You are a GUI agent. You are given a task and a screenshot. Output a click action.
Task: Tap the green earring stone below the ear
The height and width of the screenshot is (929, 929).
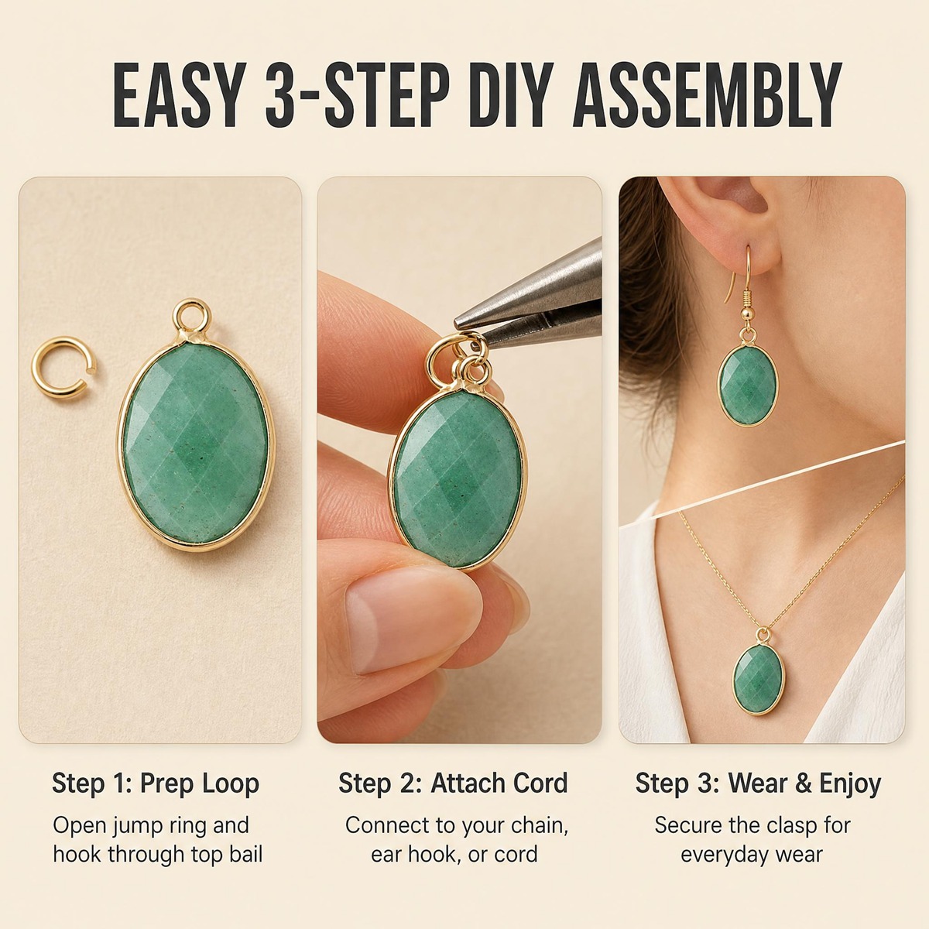pyautogui.click(x=748, y=385)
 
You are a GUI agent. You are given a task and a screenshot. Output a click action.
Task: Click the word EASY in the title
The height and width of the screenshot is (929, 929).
pyautogui.click(x=177, y=95)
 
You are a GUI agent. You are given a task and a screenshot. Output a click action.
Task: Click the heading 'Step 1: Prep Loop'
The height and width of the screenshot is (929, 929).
pyautogui.click(x=156, y=783)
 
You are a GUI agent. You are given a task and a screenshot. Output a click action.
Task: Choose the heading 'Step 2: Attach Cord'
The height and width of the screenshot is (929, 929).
pyautogui.click(x=453, y=783)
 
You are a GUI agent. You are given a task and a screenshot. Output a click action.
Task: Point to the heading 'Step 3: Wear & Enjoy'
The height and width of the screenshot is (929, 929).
pyautogui.click(x=758, y=783)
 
